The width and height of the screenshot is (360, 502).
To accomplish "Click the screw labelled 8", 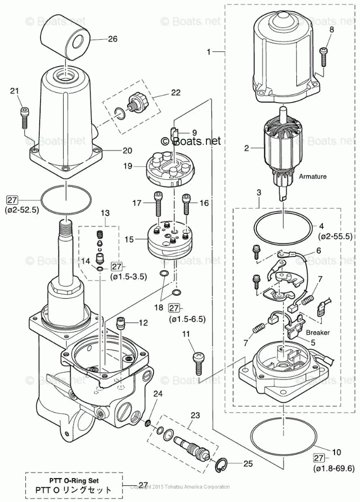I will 323,55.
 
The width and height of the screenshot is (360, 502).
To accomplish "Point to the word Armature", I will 313,176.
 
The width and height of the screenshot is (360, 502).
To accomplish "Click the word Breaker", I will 318,332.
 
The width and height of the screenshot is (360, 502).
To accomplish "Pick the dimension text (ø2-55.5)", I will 336,237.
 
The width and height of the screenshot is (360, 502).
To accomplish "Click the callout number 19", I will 127,166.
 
